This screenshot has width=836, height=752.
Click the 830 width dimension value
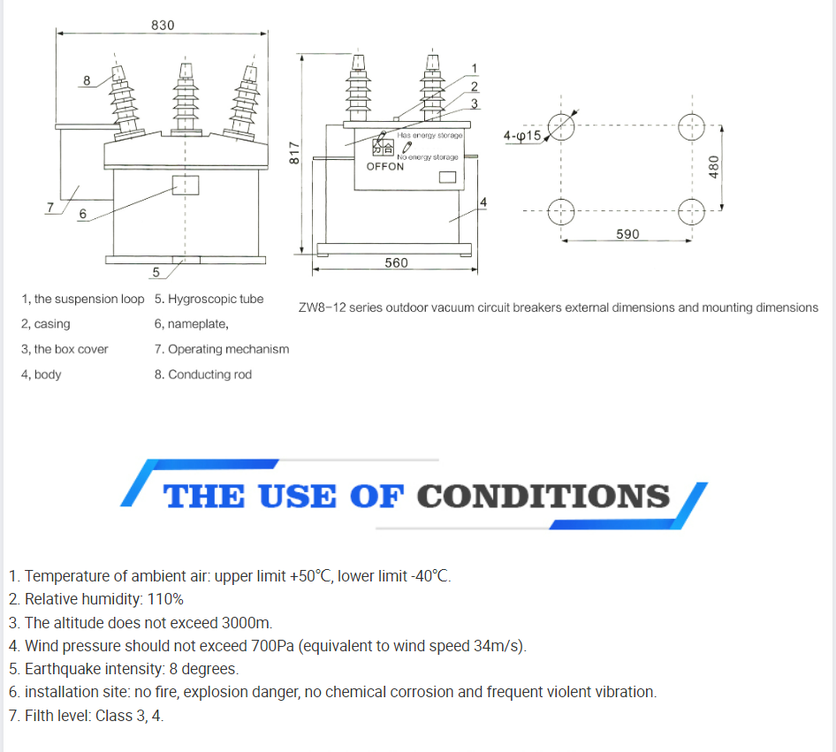[x=163, y=25]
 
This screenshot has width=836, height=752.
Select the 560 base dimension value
[x=396, y=262]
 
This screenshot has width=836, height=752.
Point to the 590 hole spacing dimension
[x=627, y=233]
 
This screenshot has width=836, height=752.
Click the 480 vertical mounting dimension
[x=714, y=166]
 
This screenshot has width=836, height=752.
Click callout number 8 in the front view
[x=87, y=80]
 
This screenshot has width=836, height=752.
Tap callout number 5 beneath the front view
[x=156, y=271]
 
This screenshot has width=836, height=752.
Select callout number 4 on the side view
[x=483, y=202]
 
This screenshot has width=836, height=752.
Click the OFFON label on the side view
[x=385, y=166]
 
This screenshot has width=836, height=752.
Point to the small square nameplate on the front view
[x=185, y=185]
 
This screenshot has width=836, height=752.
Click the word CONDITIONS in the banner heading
[x=543, y=496]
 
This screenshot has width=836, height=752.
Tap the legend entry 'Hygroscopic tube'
[x=215, y=299]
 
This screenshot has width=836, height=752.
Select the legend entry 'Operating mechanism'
[x=228, y=349]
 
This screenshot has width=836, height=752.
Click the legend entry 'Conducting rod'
[x=209, y=374]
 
